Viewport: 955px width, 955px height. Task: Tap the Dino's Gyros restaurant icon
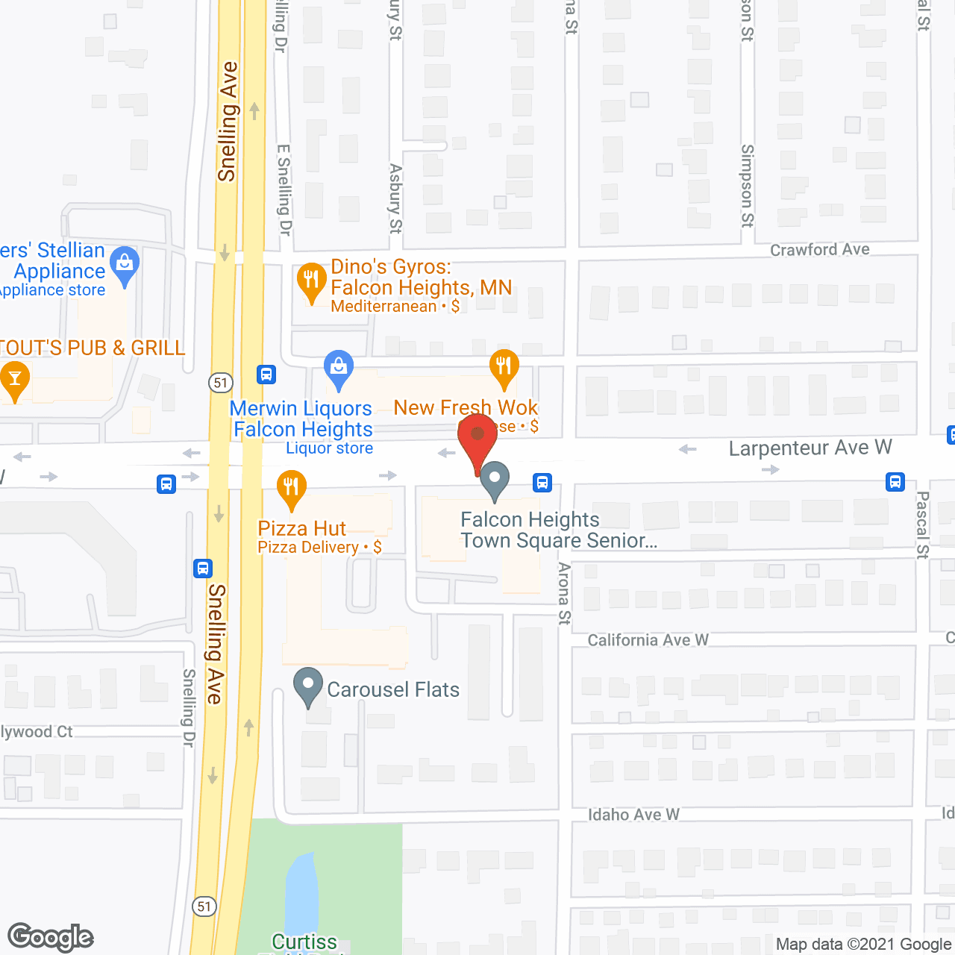(x=311, y=281)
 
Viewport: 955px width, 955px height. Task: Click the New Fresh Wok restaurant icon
(x=504, y=366)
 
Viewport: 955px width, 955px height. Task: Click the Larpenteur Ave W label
(x=810, y=448)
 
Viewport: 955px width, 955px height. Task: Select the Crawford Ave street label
(x=819, y=250)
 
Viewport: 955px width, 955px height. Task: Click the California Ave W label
(x=648, y=640)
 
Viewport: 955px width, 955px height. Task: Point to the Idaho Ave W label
(x=633, y=815)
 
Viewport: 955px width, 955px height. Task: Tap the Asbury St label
(x=395, y=198)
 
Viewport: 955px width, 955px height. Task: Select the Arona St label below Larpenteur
(x=564, y=593)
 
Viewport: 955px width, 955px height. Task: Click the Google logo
(x=51, y=937)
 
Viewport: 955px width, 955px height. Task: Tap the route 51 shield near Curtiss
(x=204, y=907)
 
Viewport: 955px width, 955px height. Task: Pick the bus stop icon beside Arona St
(x=542, y=483)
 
